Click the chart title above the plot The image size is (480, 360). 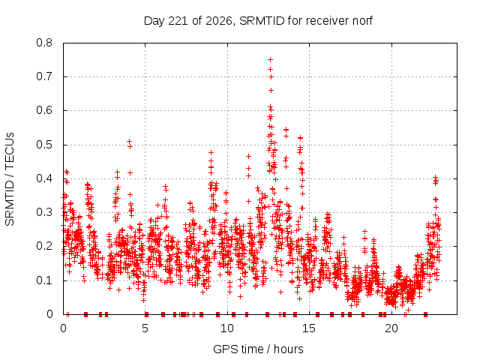(258, 21)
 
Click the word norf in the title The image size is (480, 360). (362, 21)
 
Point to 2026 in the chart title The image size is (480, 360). (218, 21)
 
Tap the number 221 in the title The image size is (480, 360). (178, 21)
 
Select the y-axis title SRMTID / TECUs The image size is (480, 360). (10, 179)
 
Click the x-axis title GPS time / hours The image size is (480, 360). (258, 349)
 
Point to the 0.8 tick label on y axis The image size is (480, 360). (44, 43)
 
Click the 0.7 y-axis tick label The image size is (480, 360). (44, 76)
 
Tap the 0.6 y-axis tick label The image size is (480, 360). (44, 110)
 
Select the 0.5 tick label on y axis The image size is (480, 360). (44, 145)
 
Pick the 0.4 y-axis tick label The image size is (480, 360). (44, 178)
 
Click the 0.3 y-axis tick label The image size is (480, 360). (44, 212)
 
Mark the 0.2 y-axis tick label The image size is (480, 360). (44, 246)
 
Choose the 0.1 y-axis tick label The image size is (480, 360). (44, 280)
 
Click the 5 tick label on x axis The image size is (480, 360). (145, 328)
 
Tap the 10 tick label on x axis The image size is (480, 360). (227, 328)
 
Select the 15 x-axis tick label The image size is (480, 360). (309, 328)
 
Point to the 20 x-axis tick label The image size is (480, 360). (391, 328)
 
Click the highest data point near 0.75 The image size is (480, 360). (270, 59)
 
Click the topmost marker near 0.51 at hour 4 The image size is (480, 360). (130, 141)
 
